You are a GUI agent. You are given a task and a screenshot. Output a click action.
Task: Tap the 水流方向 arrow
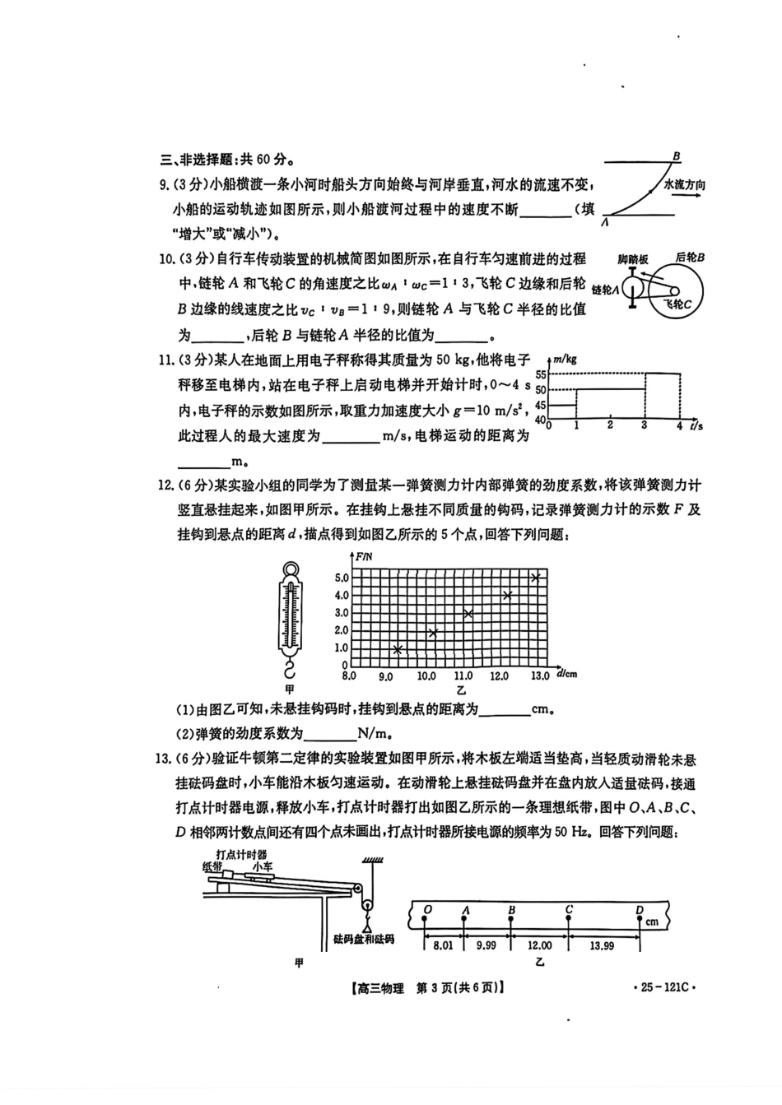click(683, 196)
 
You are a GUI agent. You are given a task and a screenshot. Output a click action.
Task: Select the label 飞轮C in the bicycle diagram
click(677, 304)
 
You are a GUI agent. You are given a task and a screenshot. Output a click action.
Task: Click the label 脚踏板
click(632, 259)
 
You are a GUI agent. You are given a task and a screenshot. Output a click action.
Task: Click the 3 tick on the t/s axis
click(644, 425)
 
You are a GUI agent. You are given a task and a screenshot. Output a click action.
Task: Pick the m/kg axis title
click(566, 359)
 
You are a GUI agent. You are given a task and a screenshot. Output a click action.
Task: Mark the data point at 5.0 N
click(536, 577)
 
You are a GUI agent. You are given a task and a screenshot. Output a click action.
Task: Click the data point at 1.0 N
click(398, 649)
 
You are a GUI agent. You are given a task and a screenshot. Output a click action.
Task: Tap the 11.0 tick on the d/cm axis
click(463, 676)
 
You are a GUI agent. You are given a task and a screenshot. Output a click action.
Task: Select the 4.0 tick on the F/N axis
click(342, 596)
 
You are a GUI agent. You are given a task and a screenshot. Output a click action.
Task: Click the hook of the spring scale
click(290, 670)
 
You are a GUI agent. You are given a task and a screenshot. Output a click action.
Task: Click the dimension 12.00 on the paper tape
click(539, 945)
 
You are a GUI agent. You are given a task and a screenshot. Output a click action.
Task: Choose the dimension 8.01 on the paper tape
click(443, 945)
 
